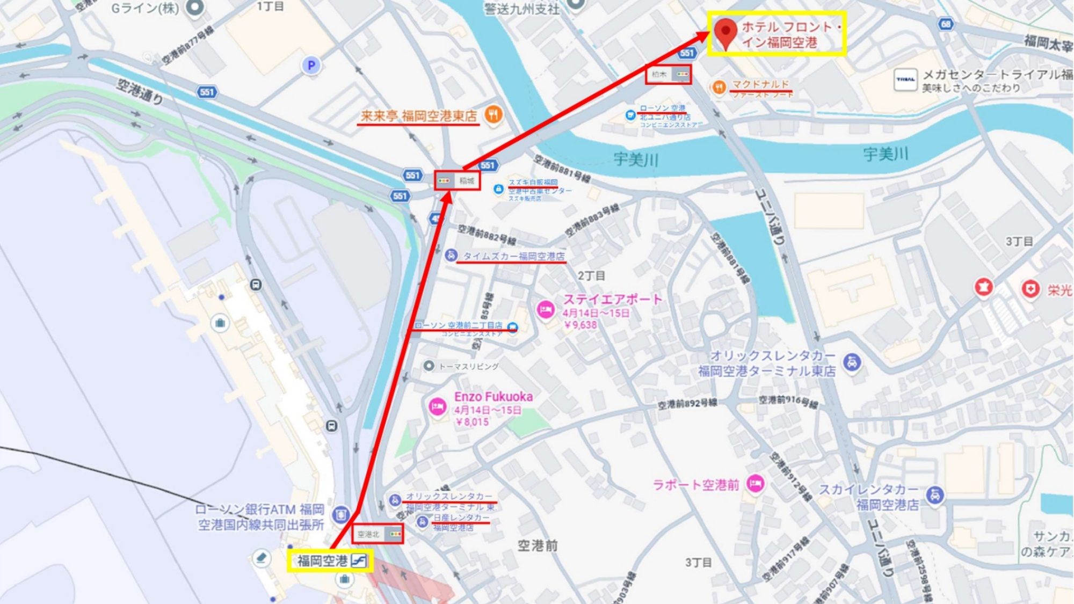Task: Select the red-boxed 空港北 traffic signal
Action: pyautogui.click(x=378, y=534)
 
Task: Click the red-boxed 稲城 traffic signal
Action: pyautogui.click(x=457, y=181)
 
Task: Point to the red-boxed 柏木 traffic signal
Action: pyautogui.click(x=668, y=74)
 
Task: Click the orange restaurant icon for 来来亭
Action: pyautogui.click(x=493, y=114)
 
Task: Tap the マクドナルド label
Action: pyautogui.click(x=760, y=84)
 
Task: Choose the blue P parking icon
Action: pyautogui.click(x=311, y=66)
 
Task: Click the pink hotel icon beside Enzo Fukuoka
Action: pyautogui.click(x=438, y=406)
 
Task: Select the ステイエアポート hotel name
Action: pyautogui.click(x=612, y=299)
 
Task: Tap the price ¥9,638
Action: pyautogui.click(x=580, y=325)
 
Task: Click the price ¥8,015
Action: pyautogui.click(x=472, y=422)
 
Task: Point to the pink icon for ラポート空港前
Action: pyautogui.click(x=755, y=483)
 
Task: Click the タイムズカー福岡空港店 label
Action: pyautogui.click(x=513, y=256)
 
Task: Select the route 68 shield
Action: pyautogui.click(x=946, y=24)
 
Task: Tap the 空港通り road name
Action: pyautogui.click(x=140, y=91)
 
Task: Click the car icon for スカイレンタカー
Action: pyautogui.click(x=935, y=495)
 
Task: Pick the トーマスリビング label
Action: pyautogui.click(x=469, y=366)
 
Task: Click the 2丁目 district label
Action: pyautogui.click(x=591, y=275)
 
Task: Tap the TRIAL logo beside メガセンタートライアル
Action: pyautogui.click(x=905, y=79)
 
